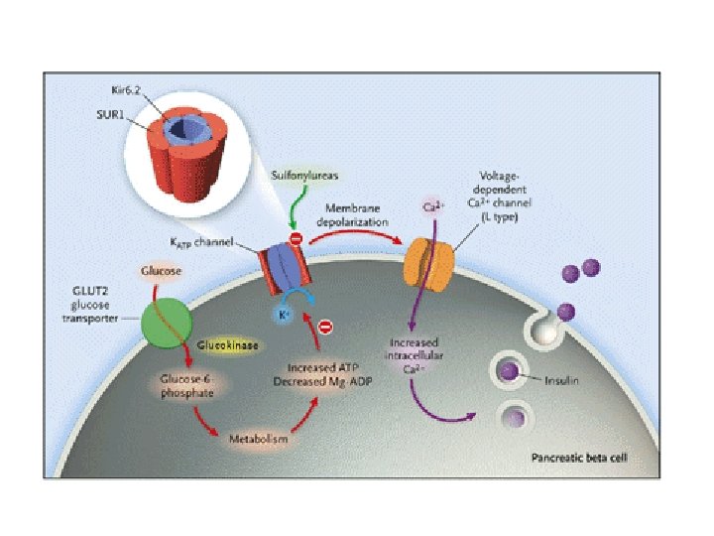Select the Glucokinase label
tap(228, 344)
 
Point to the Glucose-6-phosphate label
tap(187, 386)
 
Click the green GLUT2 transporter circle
tap(165, 325)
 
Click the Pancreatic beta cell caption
tap(576, 459)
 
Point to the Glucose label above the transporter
tap(160, 270)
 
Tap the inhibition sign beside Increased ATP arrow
tap(324, 327)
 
